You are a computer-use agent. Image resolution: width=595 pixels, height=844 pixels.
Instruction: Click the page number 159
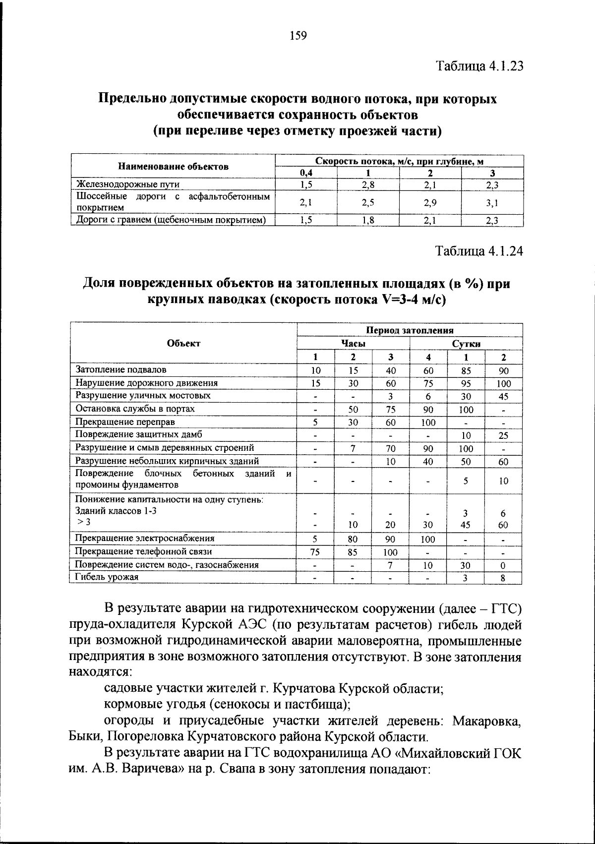[x=297, y=36]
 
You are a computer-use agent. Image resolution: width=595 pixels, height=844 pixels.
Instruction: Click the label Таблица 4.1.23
[x=479, y=66]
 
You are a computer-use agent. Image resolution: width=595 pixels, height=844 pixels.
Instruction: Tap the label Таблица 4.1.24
[x=479, y=251]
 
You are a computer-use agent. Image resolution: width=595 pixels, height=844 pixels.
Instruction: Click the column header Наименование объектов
[x=173, y=167]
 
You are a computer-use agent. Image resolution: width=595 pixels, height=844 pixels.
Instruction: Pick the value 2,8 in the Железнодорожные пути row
[x=368, y=185]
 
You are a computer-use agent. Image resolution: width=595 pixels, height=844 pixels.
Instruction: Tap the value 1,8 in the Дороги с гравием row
[x=368, y=221]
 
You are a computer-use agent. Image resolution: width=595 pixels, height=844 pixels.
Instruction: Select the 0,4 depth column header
[x=306, y=173]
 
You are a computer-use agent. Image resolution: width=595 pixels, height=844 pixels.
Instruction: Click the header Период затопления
[x=410, y=330]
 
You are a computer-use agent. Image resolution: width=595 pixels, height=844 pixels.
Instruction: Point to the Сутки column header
[x=466, y=344]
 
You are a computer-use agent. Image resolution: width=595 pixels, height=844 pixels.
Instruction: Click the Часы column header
[x=353, y=344]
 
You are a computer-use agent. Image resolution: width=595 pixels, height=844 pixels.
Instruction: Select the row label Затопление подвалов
[x=120, y=369]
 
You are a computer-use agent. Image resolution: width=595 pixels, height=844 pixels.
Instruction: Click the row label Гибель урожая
[x=107, y=577]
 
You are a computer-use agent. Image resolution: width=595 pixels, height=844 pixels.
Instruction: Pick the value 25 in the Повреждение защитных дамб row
[x=503, y=435]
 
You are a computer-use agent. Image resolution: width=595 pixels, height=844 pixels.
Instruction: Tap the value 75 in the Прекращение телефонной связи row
[x=315, y=552]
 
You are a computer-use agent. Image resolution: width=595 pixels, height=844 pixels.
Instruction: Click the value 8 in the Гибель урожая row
[x=503, y=578]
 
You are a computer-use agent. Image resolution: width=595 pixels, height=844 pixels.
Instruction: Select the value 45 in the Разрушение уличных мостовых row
[x=503, y=397]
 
